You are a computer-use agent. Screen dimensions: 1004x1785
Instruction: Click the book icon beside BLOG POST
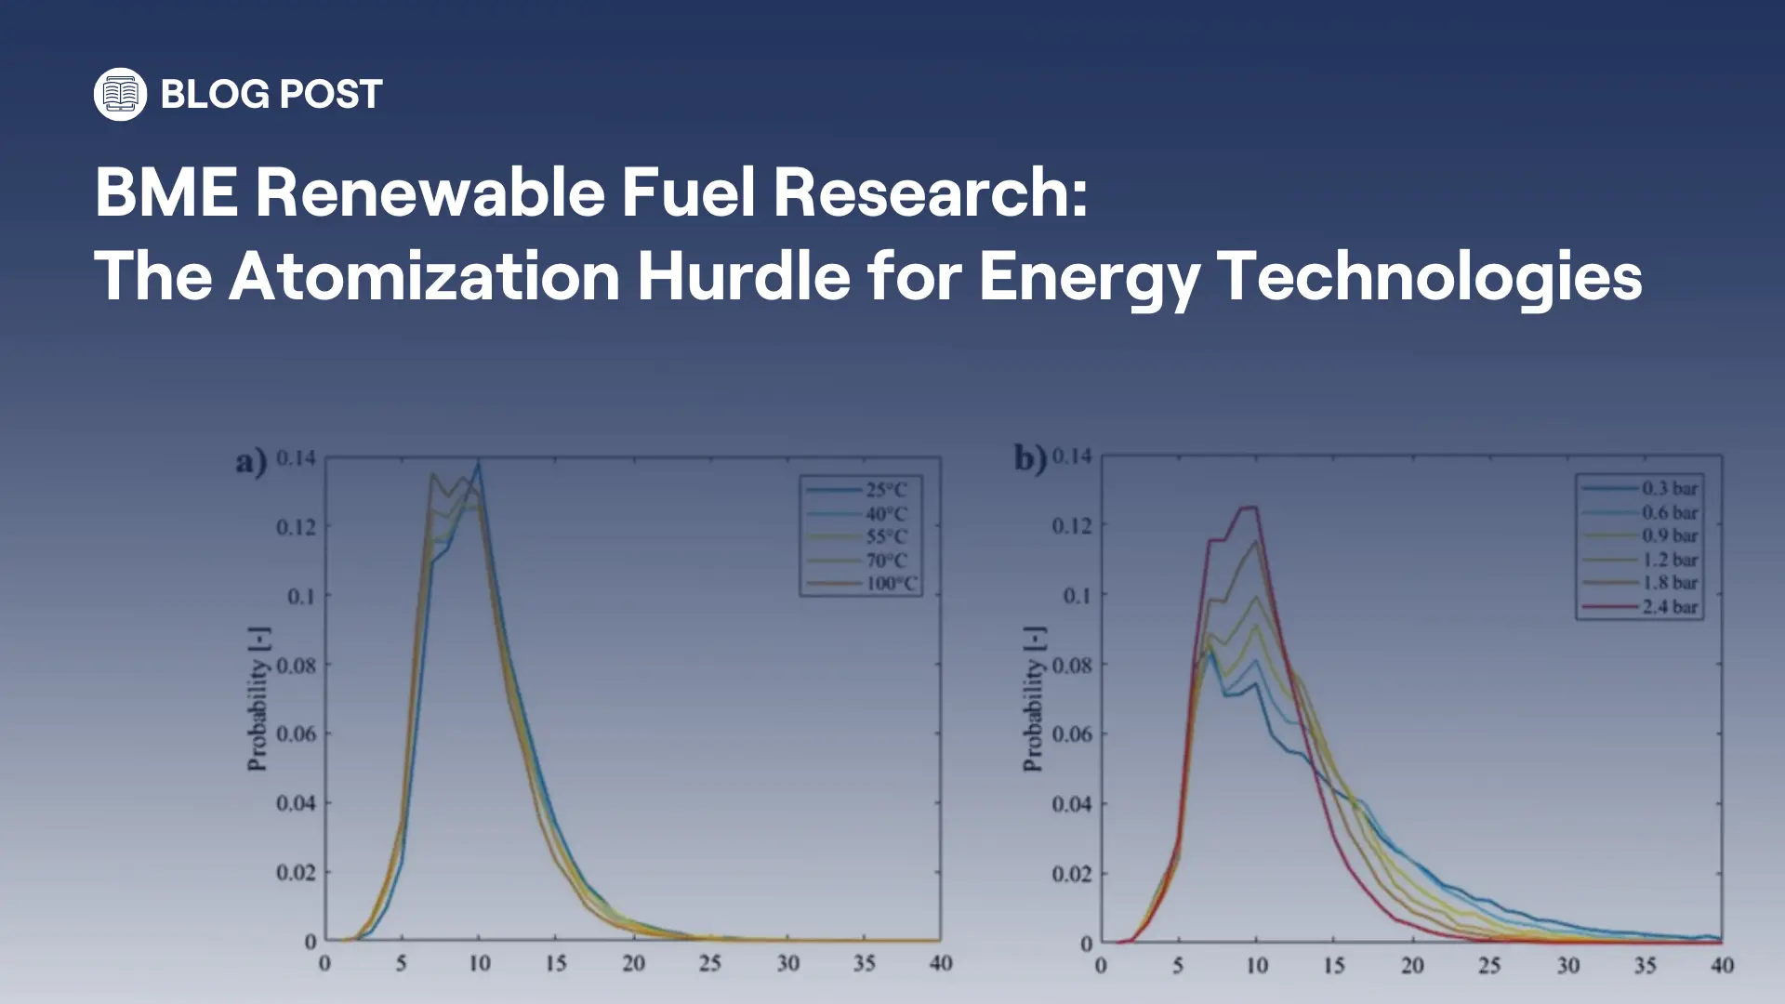tap(120, 94)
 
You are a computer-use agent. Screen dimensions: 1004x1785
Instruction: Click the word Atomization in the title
tap(424, 276)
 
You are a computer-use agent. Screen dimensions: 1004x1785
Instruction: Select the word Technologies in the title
tap(1429, 276)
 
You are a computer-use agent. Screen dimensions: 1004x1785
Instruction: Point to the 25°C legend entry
tap(885, 490)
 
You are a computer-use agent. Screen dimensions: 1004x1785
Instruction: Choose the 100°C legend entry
tap(891, 584)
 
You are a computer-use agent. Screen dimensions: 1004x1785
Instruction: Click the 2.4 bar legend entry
tap(1669, 607)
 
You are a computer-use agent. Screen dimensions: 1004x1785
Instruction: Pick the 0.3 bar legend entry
tap(1669, 488)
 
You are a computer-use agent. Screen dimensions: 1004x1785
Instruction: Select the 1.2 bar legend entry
tap(1669, 560)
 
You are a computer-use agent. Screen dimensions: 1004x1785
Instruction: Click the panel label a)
tap(251, 461)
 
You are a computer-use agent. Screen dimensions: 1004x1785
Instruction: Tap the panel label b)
tap(1030, 458)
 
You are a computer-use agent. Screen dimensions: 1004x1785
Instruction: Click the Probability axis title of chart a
tap(258, 699)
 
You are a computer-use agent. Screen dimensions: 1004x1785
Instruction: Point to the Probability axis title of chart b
tap(1033, 699)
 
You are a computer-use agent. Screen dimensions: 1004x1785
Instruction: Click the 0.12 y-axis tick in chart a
tap(296, 527)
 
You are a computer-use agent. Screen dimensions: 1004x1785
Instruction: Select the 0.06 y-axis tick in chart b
tap(1072, 734)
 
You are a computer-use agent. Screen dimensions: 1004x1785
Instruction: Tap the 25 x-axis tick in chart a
tap(710, 963)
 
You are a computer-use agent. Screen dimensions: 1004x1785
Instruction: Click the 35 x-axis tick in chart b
tap(1645, 965)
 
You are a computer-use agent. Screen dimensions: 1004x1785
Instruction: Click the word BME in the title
tap(165, 192)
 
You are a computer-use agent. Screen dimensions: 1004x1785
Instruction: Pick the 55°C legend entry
tap(885, 536)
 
